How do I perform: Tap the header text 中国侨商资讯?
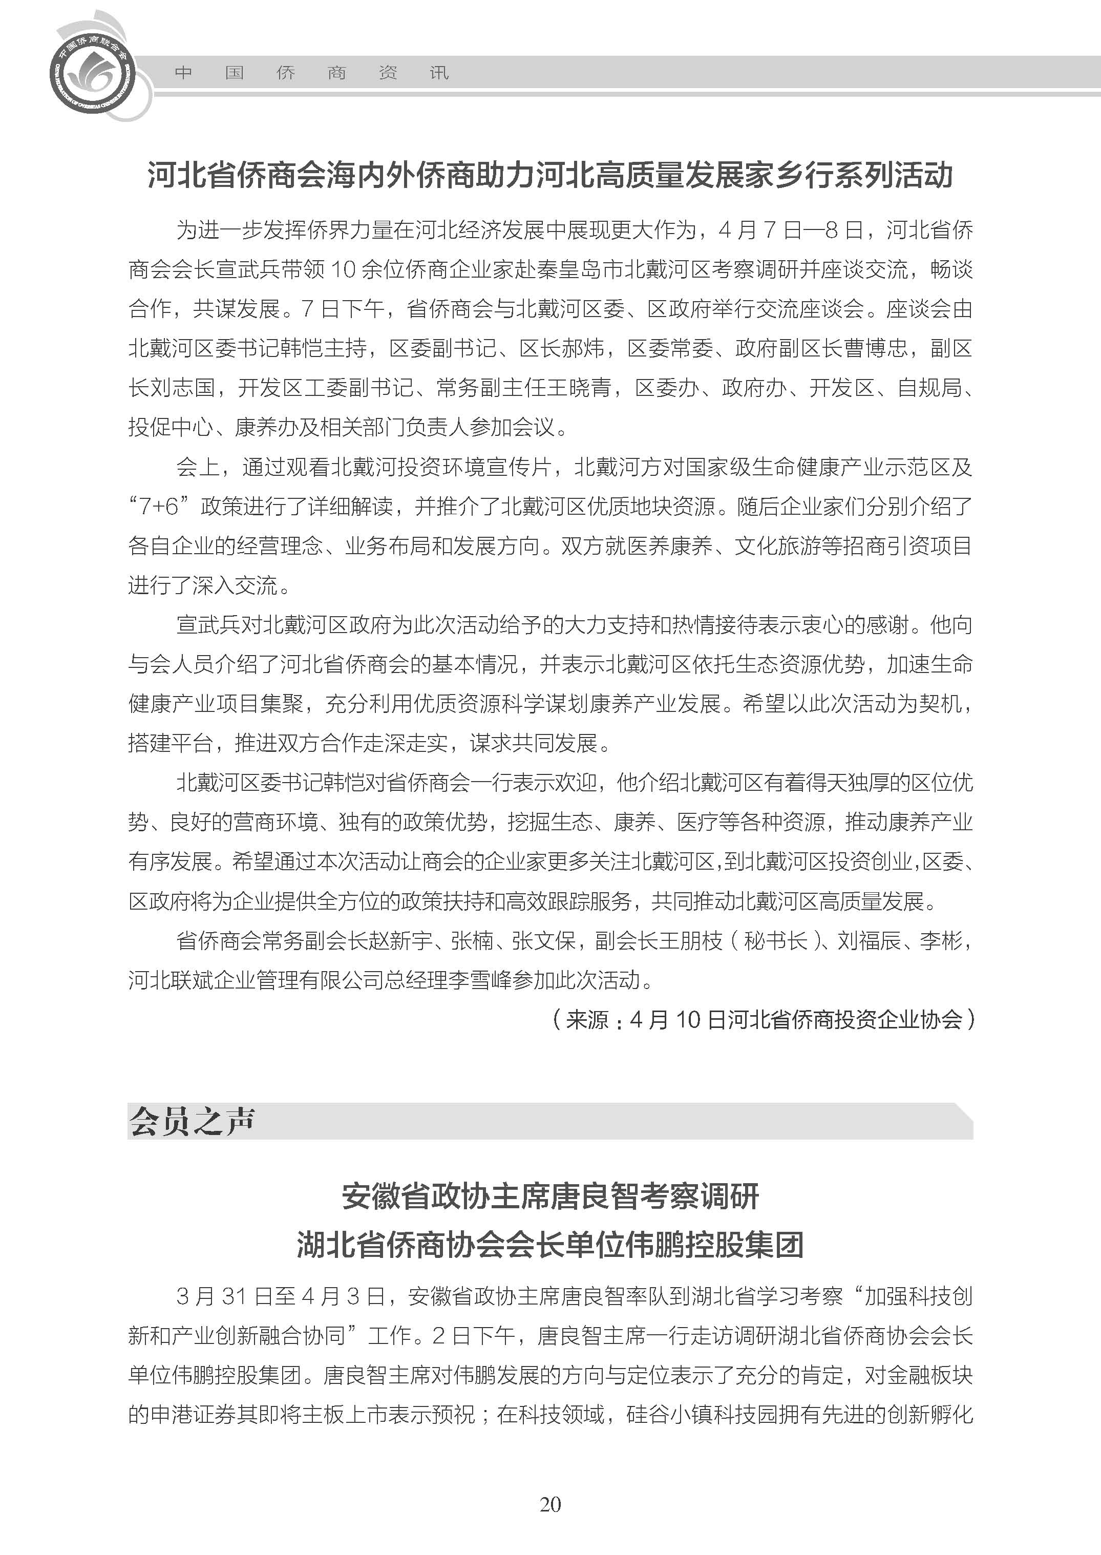pyautogui.click(x=311, y=73)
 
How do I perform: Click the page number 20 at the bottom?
pyautogui.click(x=550, y=1504)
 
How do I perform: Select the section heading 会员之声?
pyautogui.click(x=192, y=1121)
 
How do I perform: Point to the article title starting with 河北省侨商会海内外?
pyautogui.click(x=550, y=175)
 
